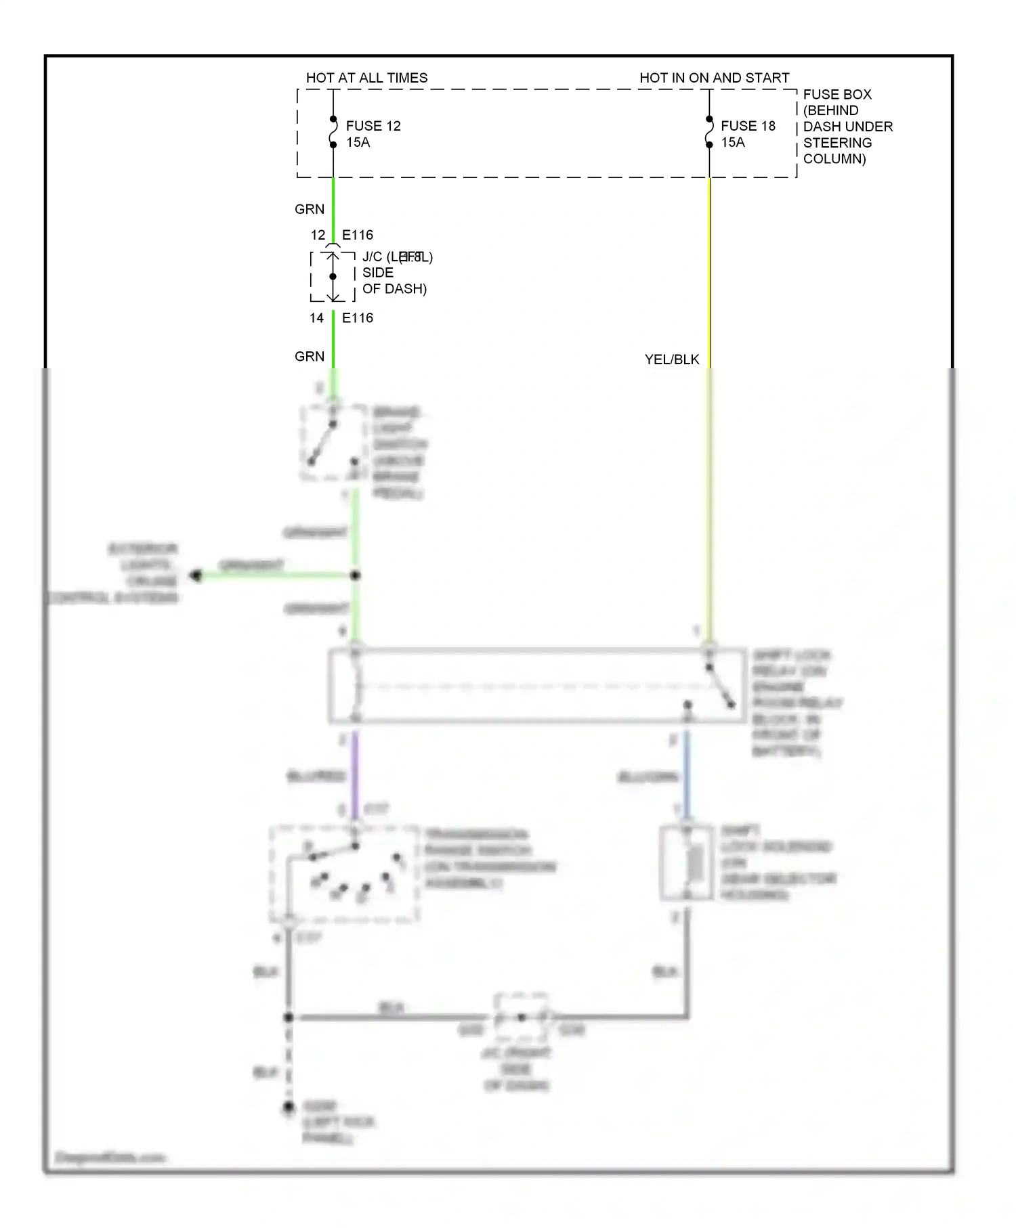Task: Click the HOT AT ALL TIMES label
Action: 366,78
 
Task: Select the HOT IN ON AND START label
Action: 714,78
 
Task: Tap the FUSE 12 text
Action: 373,126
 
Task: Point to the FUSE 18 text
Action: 748,126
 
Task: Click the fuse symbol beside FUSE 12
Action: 333,132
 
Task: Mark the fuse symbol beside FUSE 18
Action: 709,132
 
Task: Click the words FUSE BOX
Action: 837,94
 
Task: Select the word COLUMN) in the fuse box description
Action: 834,159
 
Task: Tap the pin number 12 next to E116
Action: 318,235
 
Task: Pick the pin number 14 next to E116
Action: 317,318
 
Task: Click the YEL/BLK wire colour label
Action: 671,359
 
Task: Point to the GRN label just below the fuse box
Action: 310,209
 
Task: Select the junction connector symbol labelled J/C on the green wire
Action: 333,276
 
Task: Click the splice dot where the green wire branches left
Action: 355,575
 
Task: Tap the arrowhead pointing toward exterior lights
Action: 196,575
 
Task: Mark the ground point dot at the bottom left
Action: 289,1108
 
